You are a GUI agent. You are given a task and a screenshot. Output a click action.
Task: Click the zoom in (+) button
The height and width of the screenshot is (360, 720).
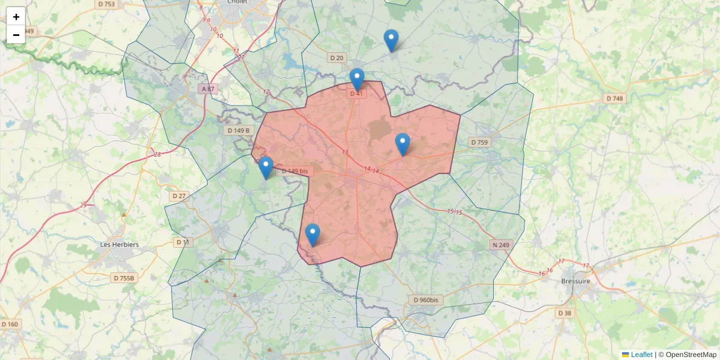16,17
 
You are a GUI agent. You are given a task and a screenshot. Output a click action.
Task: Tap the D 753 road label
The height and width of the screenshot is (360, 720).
106,4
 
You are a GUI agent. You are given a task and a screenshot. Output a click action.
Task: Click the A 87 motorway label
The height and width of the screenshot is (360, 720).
208,89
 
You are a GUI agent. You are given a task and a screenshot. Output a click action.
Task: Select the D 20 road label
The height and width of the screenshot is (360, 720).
337,58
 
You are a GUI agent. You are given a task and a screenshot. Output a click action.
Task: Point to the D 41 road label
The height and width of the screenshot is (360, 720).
356,94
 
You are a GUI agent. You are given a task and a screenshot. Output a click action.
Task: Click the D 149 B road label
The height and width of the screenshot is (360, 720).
238,130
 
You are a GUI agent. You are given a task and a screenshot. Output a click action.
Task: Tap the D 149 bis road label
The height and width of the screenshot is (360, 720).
295,171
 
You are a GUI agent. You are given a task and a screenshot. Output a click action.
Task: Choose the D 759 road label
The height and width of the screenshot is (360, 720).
479,142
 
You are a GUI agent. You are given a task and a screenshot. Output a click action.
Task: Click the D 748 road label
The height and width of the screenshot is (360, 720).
615,98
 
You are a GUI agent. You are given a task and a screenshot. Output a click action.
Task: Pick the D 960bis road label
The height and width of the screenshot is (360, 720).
426,300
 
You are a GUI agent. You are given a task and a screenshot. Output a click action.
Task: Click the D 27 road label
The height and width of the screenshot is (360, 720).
179,196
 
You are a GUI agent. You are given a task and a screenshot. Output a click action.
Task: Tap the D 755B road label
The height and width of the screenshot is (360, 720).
125,278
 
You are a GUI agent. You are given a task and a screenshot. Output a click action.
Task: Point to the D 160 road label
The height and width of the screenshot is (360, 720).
10,324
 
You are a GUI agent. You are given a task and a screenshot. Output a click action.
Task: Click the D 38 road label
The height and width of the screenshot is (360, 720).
564,313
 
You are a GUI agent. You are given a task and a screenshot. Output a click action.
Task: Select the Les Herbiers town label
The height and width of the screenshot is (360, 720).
119,245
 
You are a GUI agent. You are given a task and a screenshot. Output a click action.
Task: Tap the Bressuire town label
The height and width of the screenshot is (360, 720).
576,281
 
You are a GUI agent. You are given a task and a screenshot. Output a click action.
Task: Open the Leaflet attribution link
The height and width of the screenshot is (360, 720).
641,355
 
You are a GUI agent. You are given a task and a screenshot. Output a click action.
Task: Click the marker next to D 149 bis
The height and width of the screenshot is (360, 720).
266,167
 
